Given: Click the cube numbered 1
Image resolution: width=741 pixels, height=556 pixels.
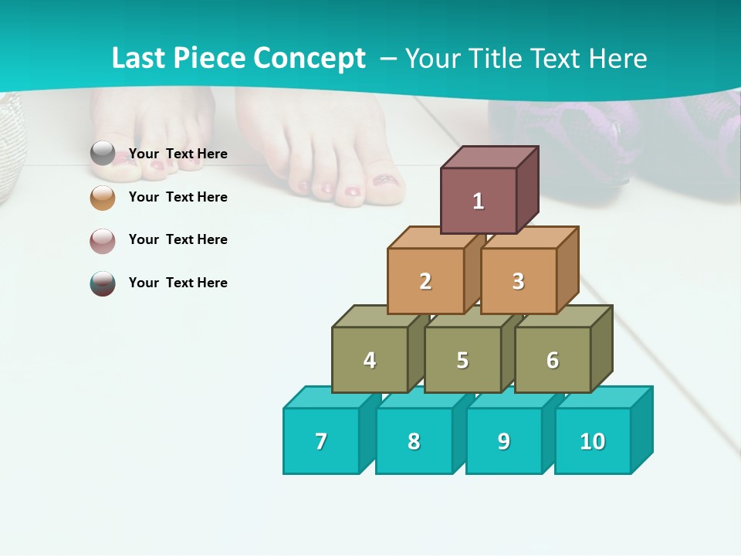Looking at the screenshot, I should pyautogui.click(x=479, y=201).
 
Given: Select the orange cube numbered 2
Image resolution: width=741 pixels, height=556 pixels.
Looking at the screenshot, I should pyautogui.click(x=425, y=281).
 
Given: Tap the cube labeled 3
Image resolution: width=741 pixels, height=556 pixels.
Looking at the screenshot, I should pyautogui.click(x=518, y=281).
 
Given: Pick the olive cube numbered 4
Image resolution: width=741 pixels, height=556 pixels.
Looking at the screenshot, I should pyautogui.click(x=370, y=360).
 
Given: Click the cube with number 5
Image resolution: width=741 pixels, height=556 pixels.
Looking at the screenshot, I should pyautogui.click(x=462, y=360).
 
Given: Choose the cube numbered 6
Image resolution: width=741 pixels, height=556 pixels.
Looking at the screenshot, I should pyautogui.click(x=553, y=360).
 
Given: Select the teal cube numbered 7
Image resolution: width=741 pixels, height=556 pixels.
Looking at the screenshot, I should pyautogui.click(x=321, y=441).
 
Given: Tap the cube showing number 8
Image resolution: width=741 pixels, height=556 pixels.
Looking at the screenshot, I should pyautogui.click(x=414, y=441).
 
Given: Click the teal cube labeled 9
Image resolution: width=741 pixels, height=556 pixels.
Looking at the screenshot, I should pyautogui.click(x=504, y=441).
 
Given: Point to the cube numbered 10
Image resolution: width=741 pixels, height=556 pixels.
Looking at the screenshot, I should pyautogui.click(x=593, y=441).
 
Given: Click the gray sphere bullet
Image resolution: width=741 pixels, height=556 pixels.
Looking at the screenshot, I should pyautogui.click(x=103, y=154).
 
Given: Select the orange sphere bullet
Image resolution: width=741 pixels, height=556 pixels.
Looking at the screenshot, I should pyautogui.click(x=103, y=197).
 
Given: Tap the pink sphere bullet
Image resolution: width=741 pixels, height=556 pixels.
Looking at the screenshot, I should pyautogui.click(x=103, y=240).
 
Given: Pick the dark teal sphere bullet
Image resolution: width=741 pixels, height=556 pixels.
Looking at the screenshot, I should pyautogui.click(x=103, y=283).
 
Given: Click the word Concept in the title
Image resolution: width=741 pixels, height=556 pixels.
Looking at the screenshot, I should pyautogui.click(x=310, y=59).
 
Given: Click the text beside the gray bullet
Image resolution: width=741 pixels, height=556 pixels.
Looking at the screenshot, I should pyautogui.click(x=178, y=154).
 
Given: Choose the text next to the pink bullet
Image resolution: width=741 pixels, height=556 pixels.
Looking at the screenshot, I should pyautogui.click(x=178, y=239).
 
